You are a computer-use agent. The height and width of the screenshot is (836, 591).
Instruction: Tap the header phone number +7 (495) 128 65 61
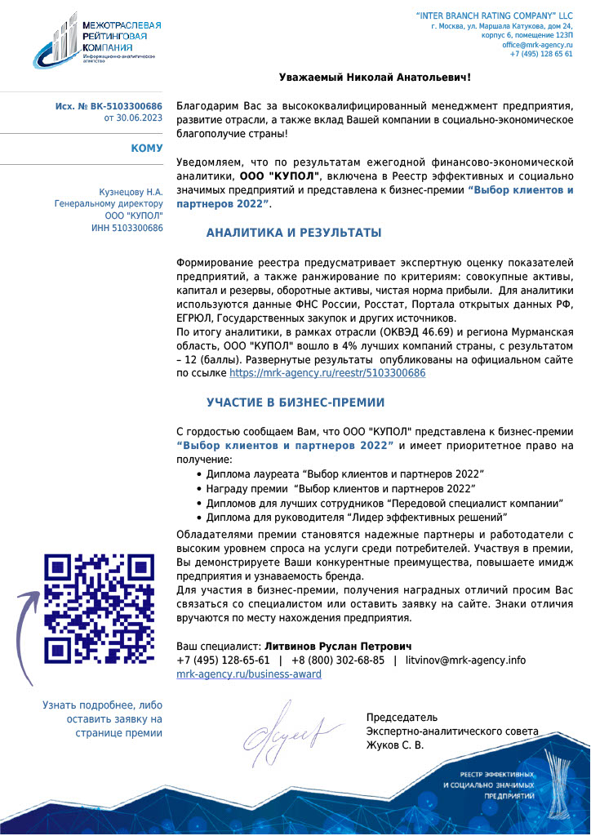point(540,54)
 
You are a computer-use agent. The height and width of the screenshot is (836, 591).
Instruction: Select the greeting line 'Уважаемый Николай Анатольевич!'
point(375,78)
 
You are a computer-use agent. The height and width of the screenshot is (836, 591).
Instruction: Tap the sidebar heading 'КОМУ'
point(146,149)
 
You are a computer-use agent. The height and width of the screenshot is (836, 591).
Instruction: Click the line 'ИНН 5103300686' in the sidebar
point(127,226)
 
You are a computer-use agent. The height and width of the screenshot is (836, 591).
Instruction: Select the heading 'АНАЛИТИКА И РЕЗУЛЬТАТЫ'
point(294,233)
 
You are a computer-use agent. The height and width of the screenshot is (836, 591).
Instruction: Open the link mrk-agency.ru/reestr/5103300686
point(327,372)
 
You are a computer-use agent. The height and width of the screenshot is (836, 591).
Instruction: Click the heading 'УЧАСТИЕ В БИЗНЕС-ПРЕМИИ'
point(295,402)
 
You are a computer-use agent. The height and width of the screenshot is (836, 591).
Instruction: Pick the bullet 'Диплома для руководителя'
point(357,517)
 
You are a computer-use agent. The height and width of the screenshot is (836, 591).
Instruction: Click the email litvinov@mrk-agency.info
point(465,660)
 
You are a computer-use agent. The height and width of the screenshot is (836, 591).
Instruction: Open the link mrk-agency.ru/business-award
point(249,674)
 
